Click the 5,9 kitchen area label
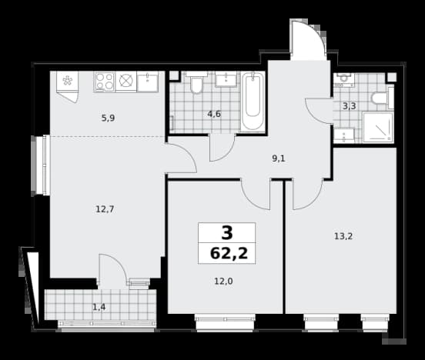tap(108, 118)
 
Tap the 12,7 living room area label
tap(105, 209)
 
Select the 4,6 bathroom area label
tap(214, 114)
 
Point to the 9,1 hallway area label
tap(279, 158)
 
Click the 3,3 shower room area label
tap(349, 106)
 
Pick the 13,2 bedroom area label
tap(343, 236)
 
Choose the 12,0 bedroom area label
tap(223, 282)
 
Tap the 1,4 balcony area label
tap(99, 307)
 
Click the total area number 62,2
tap(229, 254)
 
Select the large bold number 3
tap(227, 233)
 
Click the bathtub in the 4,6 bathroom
tap(253, 101)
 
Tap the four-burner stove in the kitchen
tap(105, 82)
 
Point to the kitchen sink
tap(148, 82)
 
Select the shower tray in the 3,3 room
tap(378, 127)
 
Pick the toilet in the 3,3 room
tap(382, 98)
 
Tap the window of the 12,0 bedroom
tap(225, 322)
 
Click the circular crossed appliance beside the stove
tap(125, 82)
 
